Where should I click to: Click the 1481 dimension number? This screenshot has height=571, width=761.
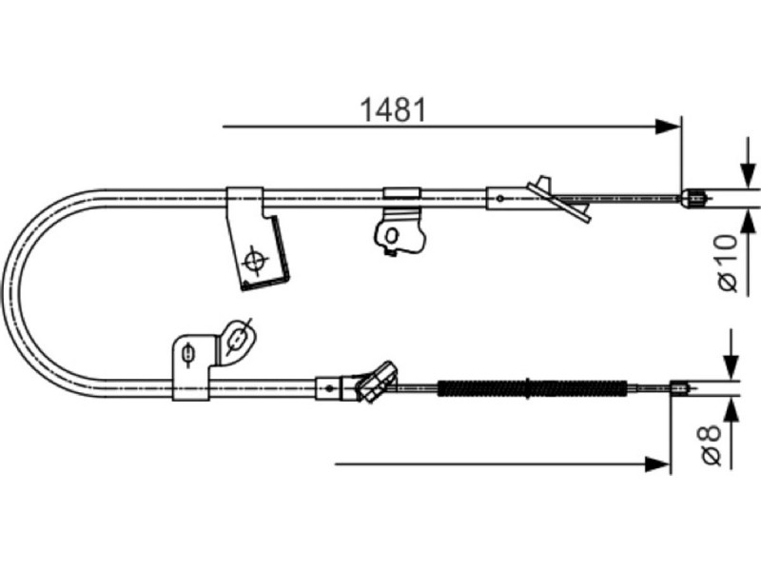394,109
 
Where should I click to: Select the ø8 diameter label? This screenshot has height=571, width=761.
711,444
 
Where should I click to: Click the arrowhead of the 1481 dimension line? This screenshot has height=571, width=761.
667,127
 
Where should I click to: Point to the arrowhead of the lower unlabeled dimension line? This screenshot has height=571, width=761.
656,463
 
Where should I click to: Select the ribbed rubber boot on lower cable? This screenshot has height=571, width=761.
532,388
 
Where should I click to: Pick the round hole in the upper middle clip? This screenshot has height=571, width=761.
391,236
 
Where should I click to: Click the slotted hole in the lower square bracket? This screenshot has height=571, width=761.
188,353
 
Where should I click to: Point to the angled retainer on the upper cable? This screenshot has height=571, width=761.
560,199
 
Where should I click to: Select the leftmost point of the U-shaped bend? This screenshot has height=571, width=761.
4,294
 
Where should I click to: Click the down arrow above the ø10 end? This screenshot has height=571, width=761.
749,164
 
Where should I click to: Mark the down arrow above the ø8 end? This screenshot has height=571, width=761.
732,355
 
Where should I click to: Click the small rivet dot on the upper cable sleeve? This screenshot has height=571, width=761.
500,198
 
